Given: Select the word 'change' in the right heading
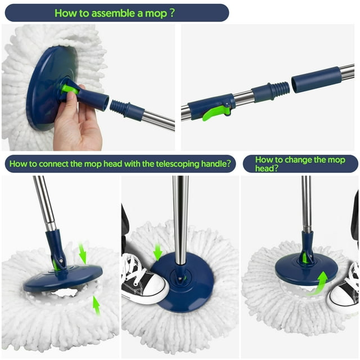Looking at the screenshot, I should point(295,160).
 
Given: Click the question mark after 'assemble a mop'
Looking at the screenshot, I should point(171,12).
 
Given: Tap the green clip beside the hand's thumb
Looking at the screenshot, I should point(69,89).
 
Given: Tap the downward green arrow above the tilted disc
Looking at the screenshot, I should point(83,253).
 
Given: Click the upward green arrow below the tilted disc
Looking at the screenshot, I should point(96,305).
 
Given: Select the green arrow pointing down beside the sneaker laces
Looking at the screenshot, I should point(157,251).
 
